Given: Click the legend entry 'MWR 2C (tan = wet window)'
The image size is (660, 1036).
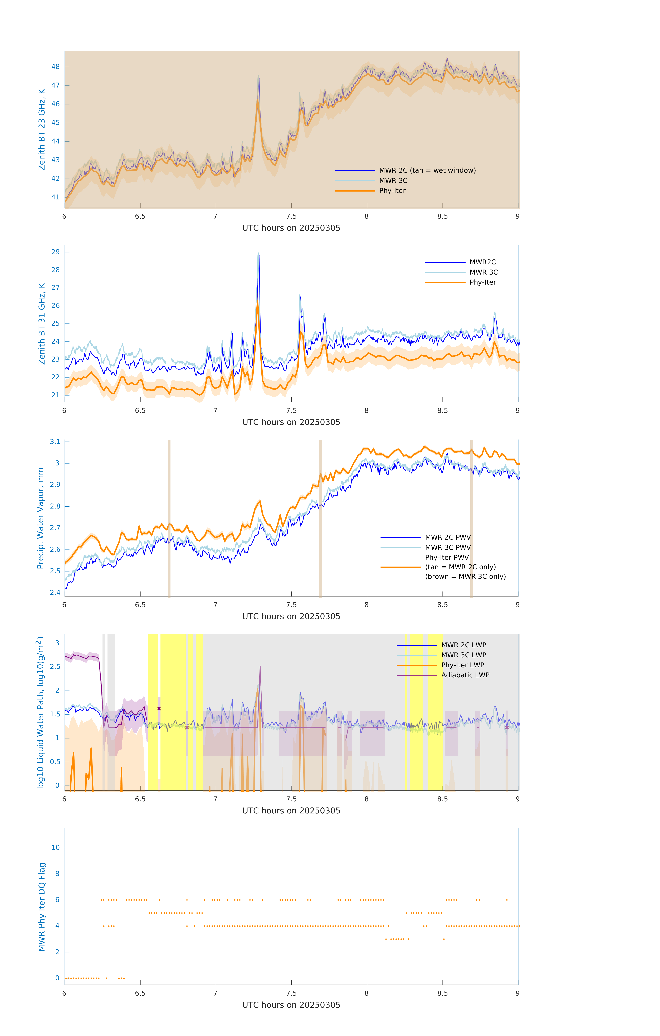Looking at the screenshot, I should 427,170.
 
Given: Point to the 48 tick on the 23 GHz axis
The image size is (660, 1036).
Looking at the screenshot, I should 55,67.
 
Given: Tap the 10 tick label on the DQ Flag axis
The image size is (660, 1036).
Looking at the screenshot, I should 55,848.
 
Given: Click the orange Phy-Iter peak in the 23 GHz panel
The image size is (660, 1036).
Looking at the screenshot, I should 258,100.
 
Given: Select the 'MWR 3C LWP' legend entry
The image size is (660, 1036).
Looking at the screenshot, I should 463,655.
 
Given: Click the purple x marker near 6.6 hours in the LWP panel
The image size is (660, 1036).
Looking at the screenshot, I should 159,708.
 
